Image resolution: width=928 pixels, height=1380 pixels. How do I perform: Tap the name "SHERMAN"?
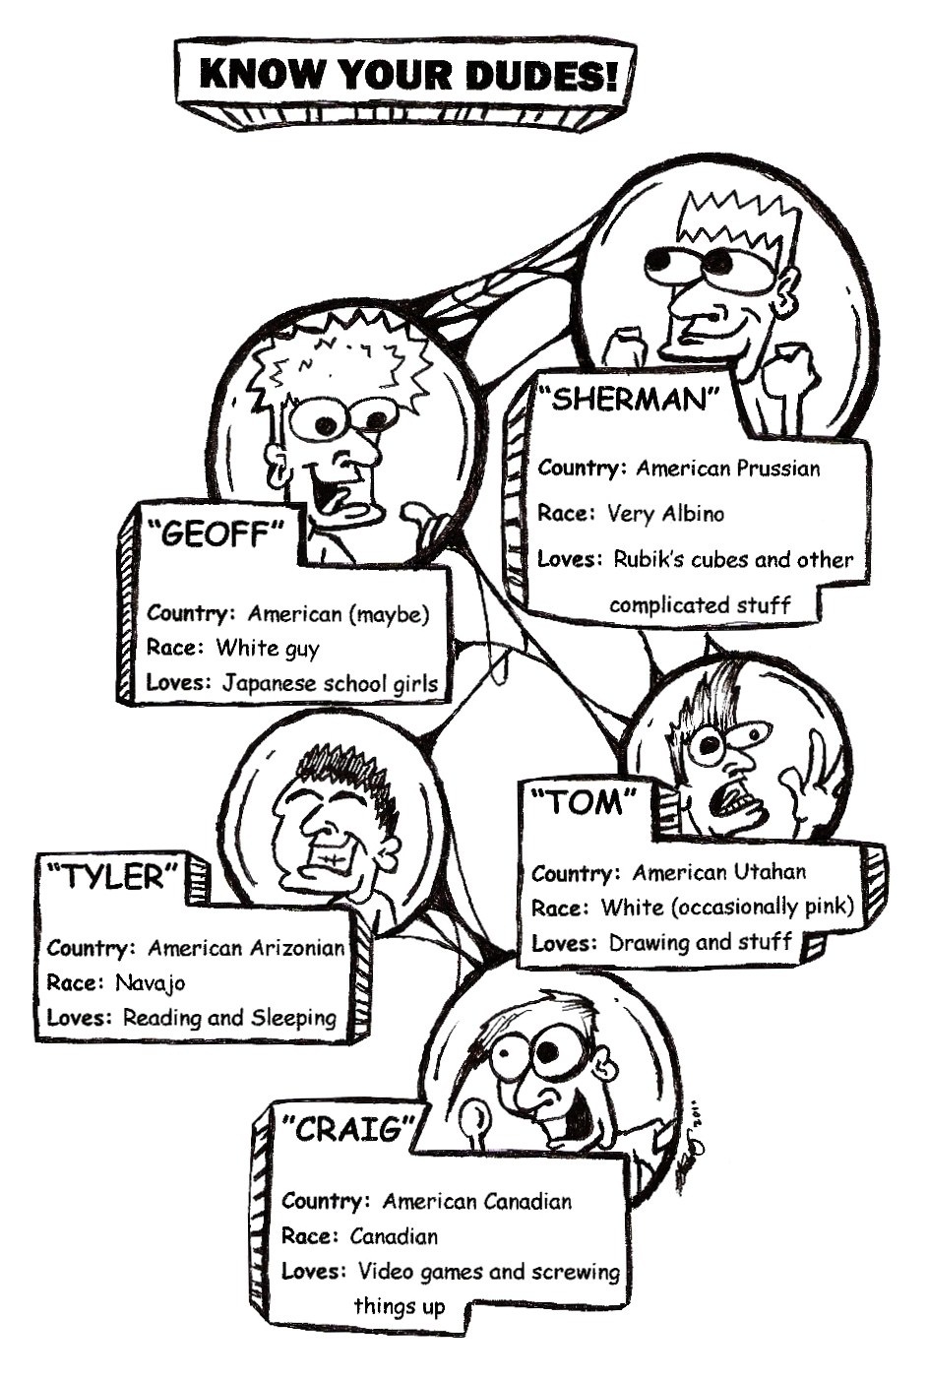[631, 400]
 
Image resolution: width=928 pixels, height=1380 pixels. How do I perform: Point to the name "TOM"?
[586, 803]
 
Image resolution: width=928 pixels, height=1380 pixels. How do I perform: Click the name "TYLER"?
[113, 876]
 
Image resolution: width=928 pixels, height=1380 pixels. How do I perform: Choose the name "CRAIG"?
[345, 1128]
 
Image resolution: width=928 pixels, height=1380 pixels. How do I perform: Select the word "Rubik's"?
[652, 559]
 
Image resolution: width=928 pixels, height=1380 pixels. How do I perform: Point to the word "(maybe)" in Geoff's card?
[389, 614]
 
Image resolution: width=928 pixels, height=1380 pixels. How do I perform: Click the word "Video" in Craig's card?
[386, 1271]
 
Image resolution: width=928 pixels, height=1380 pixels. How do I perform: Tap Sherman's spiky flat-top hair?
[737, 221]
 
